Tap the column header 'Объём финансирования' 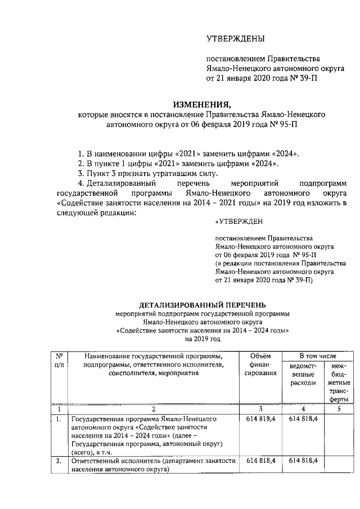[260, 364]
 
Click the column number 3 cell [260, 409]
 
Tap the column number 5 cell [339, 409]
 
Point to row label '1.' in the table [58, 419]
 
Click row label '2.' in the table [58, 460]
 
